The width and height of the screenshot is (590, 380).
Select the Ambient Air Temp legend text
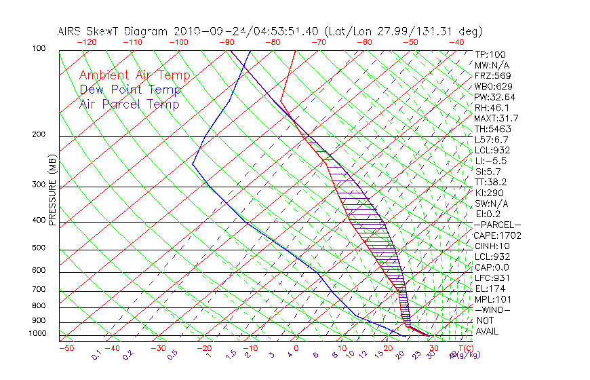pyautogui.click(x=134, y=75)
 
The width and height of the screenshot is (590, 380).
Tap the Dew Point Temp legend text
pyautogui.click(x=130, y=90)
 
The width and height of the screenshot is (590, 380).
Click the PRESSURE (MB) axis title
pyautogui.click(x=54, y=191)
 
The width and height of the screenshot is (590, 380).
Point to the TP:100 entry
pyautogui.click(x=490, y=54)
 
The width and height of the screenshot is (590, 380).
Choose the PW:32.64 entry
pyautogui.click(x=494, y=97)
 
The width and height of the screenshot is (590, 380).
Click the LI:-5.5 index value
pyautogui.click(x=490, y=161)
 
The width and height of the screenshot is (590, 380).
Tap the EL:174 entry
pyautogui.click(x=490, y=288)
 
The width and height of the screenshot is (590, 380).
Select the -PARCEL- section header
pyautogui.click(x=497, y=225)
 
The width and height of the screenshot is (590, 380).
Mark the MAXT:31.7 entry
pyautogui.click(x=496, y=118)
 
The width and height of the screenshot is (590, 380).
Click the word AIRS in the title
pyautogui.click(x=71, y=31)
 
